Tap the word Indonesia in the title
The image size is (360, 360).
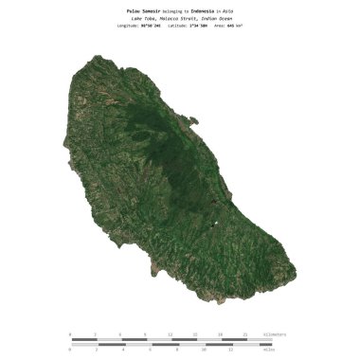click(x=207, y=10)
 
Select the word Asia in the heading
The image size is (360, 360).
click(x=241, y=10)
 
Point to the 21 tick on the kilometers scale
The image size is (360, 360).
click(x=245, y=334)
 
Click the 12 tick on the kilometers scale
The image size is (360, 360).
click(x=171, y=334)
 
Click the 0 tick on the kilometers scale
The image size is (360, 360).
click(x=71, y=334)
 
